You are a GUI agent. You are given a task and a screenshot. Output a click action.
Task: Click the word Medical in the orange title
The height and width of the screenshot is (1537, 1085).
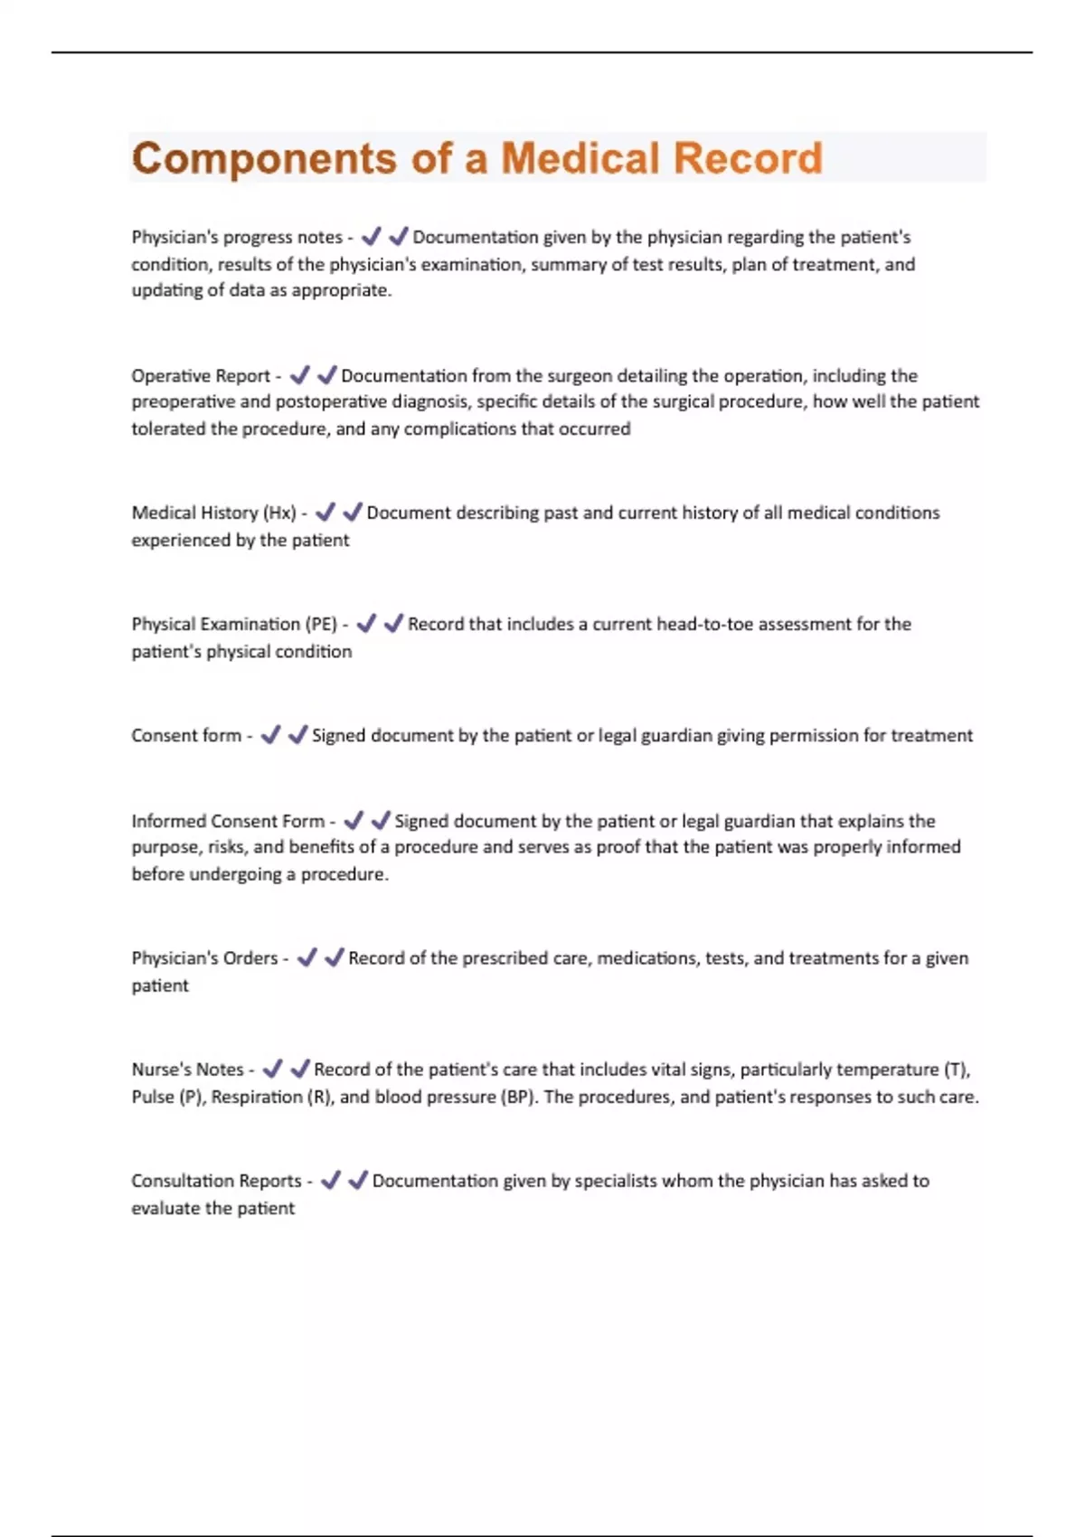click(580, 158)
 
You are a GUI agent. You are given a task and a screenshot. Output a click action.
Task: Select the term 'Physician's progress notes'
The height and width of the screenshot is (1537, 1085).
click(237, 238)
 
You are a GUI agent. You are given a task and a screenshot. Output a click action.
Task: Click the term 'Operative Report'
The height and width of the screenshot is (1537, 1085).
click(201, 376)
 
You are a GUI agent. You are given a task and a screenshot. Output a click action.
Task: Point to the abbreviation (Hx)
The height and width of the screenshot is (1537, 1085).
click(279, 514)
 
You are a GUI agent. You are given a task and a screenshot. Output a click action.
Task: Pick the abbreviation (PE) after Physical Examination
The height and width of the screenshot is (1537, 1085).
click(321, 625)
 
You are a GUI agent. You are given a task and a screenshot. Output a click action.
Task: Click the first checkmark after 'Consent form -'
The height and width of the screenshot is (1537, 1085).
click(270, 736)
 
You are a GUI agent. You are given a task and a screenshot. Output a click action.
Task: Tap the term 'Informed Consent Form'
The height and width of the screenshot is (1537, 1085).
click(228, 822)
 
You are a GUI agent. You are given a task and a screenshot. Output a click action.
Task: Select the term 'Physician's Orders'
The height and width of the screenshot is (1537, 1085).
click(204, 958)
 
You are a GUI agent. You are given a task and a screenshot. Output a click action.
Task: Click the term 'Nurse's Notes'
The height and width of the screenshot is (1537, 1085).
click(187, 1070)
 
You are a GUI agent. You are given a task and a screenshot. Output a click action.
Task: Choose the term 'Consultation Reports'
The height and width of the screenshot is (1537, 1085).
click(216, 1181)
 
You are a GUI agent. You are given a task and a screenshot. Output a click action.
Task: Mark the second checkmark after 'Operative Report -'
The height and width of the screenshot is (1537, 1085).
click(326, 375)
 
